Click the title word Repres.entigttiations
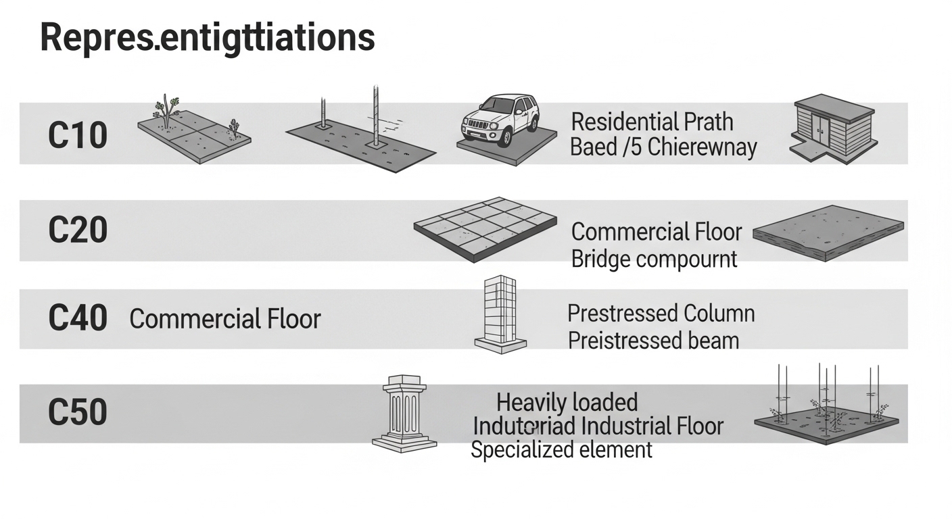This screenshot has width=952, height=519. (208, 36)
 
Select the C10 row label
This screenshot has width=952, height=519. (78, 135)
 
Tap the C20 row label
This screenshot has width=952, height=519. (78, 230)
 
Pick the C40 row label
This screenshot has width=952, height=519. (78, 318)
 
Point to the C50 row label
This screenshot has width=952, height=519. (78, 413)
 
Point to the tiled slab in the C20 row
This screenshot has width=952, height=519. (485, 228)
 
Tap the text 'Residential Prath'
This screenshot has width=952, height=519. (652, 122)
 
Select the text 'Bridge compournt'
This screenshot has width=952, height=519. (654, 259)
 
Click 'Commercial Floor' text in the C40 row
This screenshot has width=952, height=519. (225, 319)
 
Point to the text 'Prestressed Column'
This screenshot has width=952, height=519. (661, 314)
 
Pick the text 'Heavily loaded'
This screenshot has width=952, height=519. (567, 403)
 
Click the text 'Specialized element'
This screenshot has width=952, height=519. (561, 449)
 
